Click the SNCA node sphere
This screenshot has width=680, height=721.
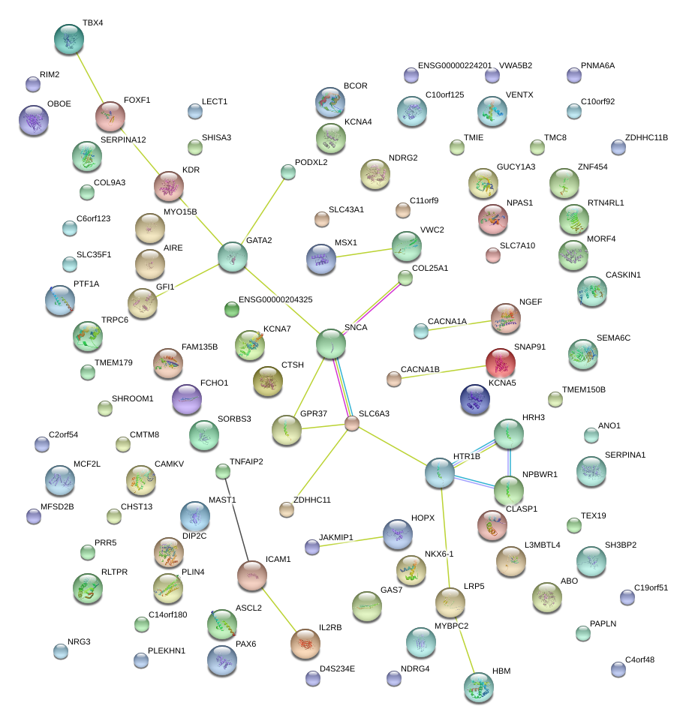331,344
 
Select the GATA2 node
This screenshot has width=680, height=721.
233,257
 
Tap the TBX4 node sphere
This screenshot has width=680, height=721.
71,39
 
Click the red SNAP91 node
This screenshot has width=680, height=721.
501,363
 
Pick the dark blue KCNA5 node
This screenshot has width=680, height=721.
474,399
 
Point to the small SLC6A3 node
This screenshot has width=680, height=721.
352,424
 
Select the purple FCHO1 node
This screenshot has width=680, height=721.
187,399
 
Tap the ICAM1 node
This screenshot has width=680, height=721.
252,575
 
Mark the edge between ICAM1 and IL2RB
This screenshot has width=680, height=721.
278,608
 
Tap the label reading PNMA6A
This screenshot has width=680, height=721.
597,66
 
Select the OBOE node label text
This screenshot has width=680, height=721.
59,104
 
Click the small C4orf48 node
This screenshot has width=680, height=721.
618,669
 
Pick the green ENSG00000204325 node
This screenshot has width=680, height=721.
232,308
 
